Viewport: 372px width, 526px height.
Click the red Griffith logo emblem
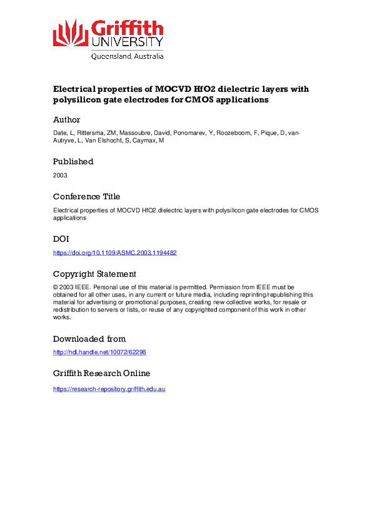pos(71,32)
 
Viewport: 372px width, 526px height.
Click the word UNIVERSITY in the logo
pos(128,42)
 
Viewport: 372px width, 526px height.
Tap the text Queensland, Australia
pos(128,56)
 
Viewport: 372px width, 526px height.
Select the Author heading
pos(66,119)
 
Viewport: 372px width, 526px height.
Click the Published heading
pos(73,161)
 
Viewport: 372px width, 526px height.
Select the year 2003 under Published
pos(60,175)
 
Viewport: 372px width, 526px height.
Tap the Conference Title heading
pos(86,196)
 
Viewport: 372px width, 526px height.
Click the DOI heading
pos(61,239)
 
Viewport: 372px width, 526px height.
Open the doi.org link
pos(115,253)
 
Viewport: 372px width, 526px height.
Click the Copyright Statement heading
pos(94,274)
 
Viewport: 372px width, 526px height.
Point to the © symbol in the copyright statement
pos(56,287)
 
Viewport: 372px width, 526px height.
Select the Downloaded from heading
pos(89,339)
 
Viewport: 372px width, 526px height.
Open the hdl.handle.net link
pos(99,352)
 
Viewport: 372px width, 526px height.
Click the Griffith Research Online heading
pos(101,374)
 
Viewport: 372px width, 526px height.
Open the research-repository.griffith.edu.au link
pos(109,388)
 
